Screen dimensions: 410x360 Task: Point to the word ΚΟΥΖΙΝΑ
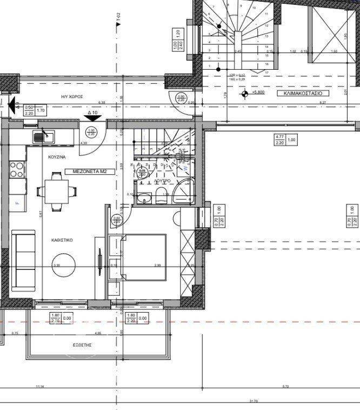click(56, 156)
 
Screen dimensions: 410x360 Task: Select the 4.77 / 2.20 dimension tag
click(279, 140)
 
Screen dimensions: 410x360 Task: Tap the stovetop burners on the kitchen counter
click(17, 169)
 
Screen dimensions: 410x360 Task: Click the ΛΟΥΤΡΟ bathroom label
click(164, 180)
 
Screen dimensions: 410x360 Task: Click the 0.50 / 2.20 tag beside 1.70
click(30, 110)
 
